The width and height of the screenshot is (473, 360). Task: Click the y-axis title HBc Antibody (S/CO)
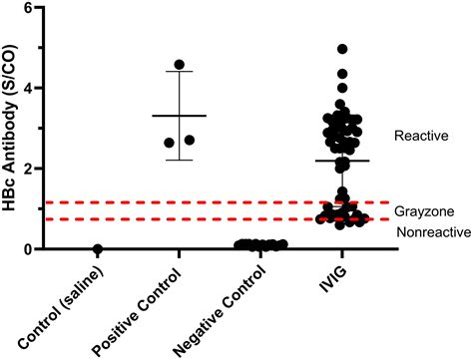pos(15,128)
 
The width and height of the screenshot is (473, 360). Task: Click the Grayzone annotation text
pos(423,211)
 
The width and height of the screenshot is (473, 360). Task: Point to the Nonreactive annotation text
pos(430,231)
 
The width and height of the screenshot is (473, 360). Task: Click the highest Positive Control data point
pos(180,65)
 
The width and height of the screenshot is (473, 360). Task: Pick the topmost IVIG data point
pos(343,49)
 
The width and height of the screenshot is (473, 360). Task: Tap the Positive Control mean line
pos(179,116)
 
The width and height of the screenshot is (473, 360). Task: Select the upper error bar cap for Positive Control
pos(179,72)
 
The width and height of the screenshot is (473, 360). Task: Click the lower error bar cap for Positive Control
pos(179,160)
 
